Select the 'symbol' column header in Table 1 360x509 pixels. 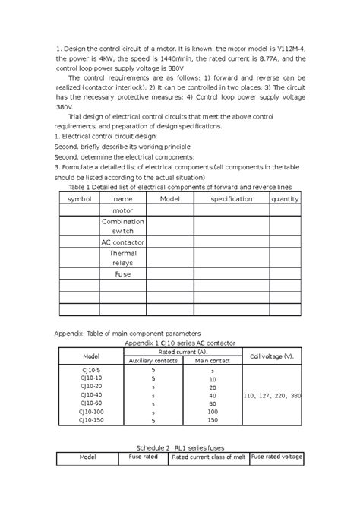pos(79,198)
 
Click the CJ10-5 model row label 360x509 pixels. pos(90,369)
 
